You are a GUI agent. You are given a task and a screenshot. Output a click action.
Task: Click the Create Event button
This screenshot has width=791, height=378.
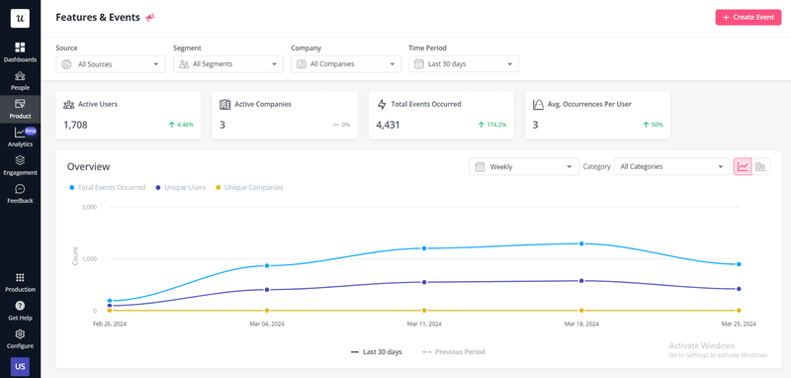coord(747,17)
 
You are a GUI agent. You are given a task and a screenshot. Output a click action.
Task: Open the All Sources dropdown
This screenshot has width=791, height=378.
coord(110,64)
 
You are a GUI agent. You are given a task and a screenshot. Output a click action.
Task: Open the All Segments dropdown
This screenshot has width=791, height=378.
coord(227,64)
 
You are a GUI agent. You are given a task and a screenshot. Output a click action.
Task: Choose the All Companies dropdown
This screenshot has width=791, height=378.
coord(345,64)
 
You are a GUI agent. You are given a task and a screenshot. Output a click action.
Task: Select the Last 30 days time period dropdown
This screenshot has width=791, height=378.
coord(463,64)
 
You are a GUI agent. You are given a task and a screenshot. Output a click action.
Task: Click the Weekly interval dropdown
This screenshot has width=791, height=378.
coord(523,166)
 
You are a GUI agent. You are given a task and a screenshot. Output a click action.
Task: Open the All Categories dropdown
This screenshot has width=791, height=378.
coord(670,166)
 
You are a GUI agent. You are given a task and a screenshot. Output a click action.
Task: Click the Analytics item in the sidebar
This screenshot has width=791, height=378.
coord(20,137)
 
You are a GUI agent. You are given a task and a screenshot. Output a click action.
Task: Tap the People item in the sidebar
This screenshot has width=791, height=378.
coord(20,80)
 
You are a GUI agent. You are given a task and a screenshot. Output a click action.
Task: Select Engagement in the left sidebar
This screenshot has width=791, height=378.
coord(20,164)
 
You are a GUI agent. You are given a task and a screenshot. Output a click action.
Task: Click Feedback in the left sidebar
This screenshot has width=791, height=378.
coord(20,193)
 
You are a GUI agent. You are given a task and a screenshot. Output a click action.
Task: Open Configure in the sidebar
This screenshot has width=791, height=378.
coord(20,338)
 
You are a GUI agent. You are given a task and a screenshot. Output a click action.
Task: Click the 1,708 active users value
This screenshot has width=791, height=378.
coord(75,125)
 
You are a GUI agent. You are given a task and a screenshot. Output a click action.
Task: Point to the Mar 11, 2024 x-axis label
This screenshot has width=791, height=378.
coord(424,324)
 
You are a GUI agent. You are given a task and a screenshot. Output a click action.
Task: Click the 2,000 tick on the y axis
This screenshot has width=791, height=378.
coord(89,208)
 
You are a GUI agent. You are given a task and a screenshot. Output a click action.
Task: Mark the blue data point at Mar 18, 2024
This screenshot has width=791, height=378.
coord(581,243)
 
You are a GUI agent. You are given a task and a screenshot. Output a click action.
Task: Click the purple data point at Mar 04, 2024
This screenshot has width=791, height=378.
coord(266,289)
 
